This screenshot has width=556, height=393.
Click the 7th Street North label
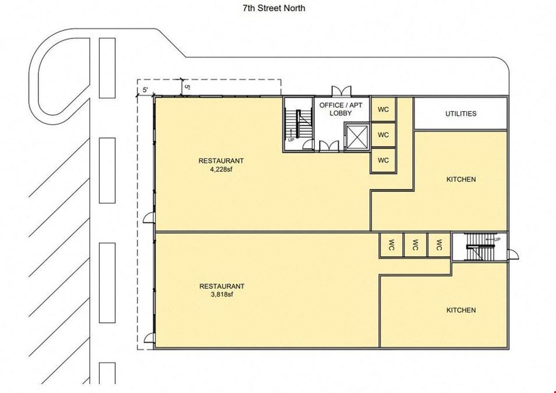tap(274, 8)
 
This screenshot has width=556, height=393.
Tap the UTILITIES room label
tap(461, 114)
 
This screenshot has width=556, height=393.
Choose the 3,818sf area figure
tap(222, 295)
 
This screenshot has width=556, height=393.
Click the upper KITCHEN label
tap(461, 179)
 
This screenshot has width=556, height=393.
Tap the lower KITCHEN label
tap(461, 310)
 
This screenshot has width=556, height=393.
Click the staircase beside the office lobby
tap(299, 124)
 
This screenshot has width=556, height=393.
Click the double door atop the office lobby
tap(341, 91)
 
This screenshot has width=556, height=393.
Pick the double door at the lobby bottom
tap(329, 146)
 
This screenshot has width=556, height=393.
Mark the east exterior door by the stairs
tap(513, 254)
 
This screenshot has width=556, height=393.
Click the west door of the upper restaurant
tap(149, 218)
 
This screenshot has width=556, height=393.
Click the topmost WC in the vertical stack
tap(383, 109)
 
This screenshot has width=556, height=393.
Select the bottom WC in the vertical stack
tap(383, 160)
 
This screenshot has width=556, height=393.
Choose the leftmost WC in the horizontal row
tap(391, 245)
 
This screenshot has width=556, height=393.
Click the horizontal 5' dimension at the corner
tap(146, 90)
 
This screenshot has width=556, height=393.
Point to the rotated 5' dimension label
tap(187, 87)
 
